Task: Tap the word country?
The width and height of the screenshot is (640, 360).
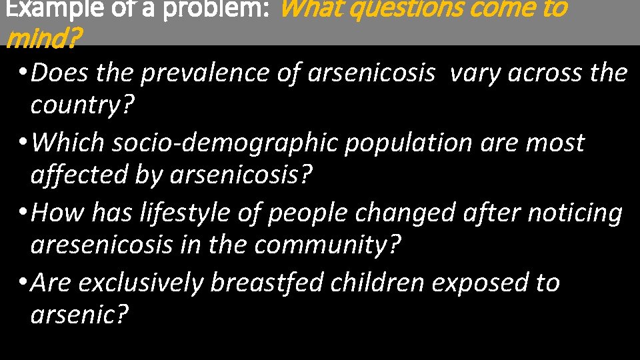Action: point(82,105)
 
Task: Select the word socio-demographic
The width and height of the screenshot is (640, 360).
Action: point(225,143)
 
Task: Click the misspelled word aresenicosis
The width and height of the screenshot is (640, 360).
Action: point(101,245)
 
